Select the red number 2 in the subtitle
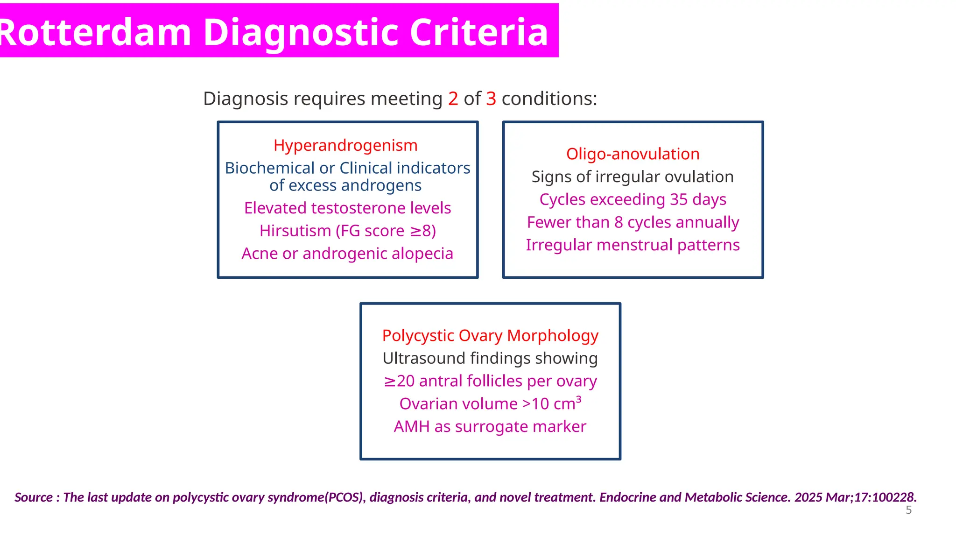pos(453,99)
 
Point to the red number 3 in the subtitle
pos(491,99)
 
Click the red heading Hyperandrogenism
pos(345,145)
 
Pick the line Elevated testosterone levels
pos(347,208)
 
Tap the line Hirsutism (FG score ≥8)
pos(347,231)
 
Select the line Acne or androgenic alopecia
pos(347,254)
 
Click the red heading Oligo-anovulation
pos(633,154)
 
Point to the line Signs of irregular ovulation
pos(633,177)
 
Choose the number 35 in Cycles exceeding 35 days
pos(679,199)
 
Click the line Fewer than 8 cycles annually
pos(633,222)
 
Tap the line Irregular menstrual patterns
pos(633,245)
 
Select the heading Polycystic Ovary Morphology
pos(490,336)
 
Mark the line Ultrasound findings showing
pos(490,359)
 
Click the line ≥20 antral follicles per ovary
pos(490,381)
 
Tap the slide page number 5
pos(908,510)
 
